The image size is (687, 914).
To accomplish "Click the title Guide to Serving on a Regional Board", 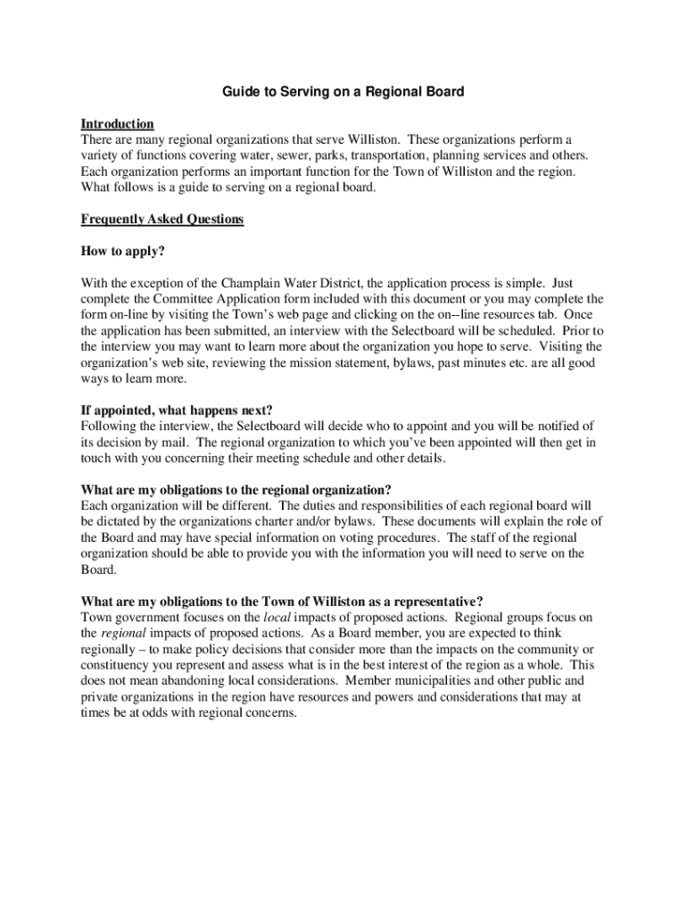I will click(x=343, y=92).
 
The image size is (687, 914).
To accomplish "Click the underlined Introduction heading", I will click(x=117, y=123).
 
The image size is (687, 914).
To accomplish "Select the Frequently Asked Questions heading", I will click(x=161, y=219).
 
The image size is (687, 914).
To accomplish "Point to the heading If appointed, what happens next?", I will click(x=177, y=411).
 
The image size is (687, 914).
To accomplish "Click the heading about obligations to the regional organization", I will click(x=236, y=489).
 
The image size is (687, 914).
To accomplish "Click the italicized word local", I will click(x=277, y=617).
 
